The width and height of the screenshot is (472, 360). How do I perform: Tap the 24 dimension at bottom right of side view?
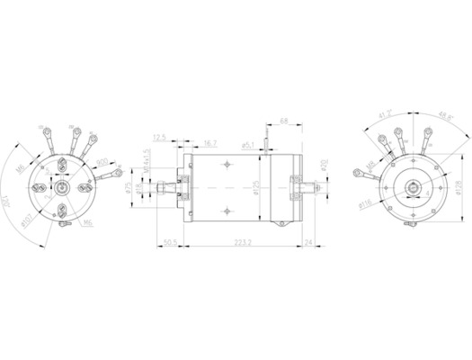(308, 242)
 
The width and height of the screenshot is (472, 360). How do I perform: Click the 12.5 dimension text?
(160, 137)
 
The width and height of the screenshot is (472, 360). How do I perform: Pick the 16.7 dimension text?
(209, 143)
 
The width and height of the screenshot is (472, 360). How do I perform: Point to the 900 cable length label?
(102, 162)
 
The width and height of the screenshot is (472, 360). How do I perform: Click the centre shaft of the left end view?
(59, 190)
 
